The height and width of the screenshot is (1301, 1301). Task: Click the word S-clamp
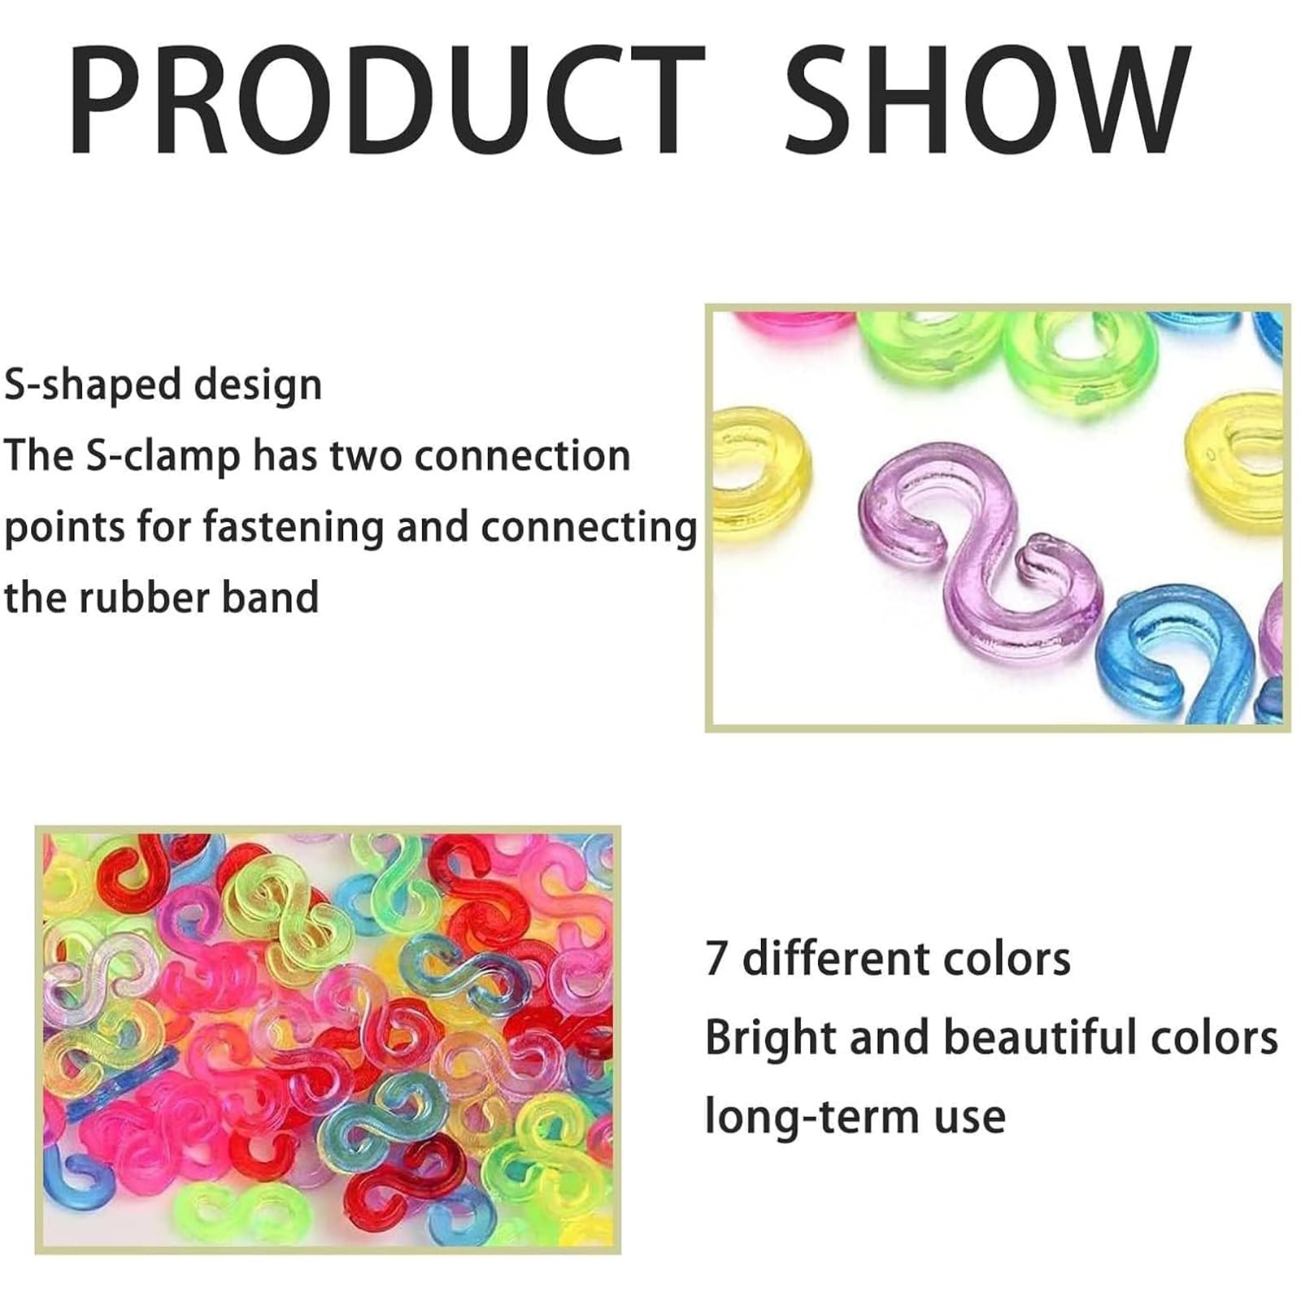(x=163, y=455)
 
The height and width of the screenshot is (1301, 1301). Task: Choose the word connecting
(x=588, y=527)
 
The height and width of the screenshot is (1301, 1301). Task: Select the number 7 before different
(x=715, y=959)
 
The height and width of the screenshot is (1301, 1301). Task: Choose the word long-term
(x=806, y=1116)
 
